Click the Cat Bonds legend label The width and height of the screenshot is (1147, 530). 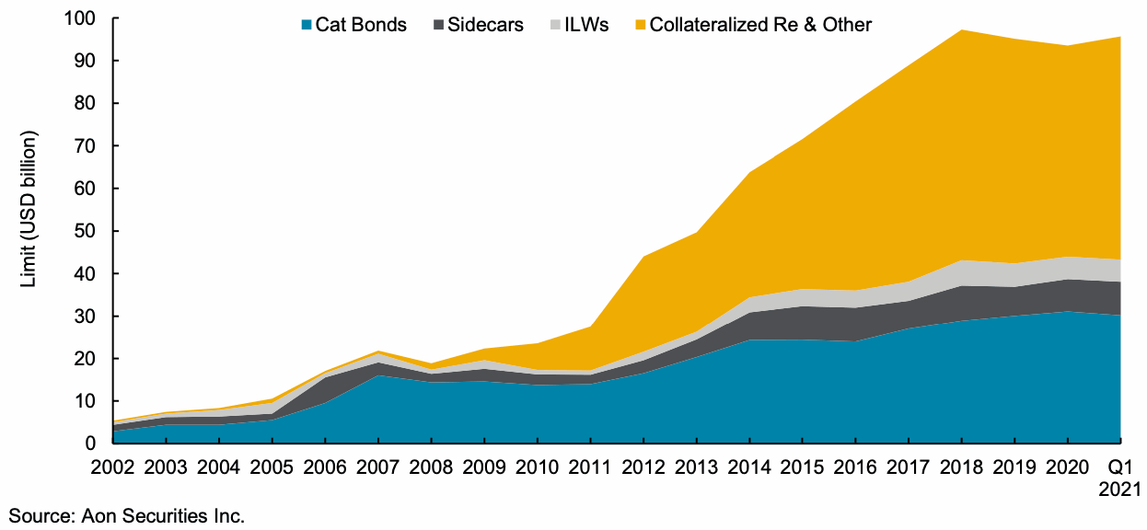[361, 25]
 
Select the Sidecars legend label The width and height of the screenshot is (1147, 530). [485, 25]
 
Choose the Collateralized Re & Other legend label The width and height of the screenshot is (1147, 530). [760, 25]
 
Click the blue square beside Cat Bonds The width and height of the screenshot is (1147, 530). [307, 25]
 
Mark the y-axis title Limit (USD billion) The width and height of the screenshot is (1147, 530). [29, 210]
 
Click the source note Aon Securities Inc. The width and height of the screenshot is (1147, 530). [127, 515]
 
